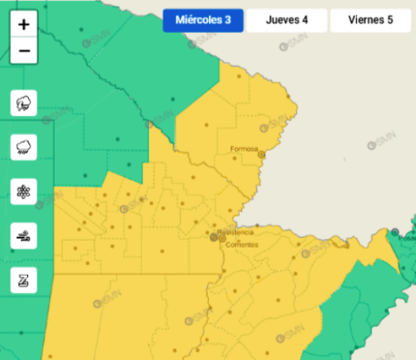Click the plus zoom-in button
pos(24,24)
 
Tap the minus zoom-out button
pos(24,51)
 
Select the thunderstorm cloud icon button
pos(23,103)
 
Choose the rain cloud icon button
pos(23,146)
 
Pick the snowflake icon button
pos(23,191)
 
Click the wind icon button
pos(23,235)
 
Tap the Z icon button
pos(23,279)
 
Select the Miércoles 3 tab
pos(203,20)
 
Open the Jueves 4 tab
pos(286,20)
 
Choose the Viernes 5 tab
pos(370,20)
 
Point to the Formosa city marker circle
pos(262,155)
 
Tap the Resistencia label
pos(234,232)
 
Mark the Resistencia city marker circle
pos(213,237)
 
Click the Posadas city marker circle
pos(395,232)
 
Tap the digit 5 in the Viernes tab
pos(390,20)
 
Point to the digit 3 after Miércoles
pos(227,20)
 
